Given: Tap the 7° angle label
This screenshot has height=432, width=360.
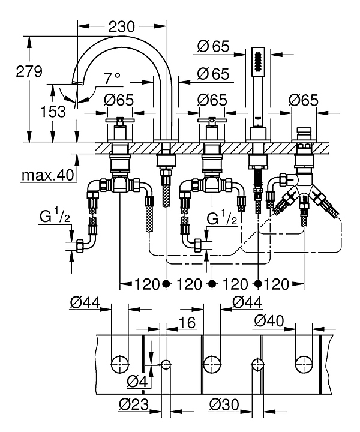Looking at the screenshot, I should click(112, 79).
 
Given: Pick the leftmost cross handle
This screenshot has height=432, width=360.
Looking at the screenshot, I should click(116, 122).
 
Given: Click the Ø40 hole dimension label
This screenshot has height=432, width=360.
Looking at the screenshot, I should click(268, 322).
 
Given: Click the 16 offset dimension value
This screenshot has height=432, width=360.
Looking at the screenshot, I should click(188, 323).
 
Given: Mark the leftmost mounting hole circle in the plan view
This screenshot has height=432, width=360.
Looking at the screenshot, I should click(120, 363).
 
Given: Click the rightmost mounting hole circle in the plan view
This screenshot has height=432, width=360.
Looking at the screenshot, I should click(304, 363).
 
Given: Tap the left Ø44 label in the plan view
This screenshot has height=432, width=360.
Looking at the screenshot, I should click(83, 304).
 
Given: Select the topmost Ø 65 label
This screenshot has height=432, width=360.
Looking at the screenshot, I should click(214, 46).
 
